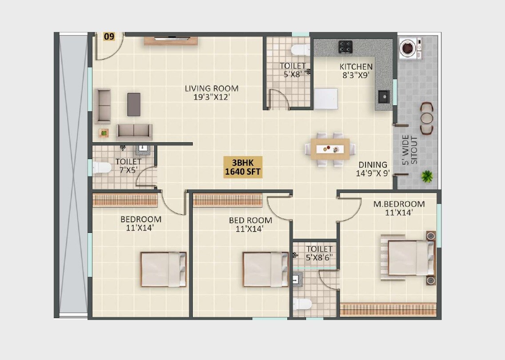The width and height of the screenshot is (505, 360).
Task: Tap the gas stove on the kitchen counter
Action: (x=346, y=46)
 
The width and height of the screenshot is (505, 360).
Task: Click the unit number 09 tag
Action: (x=109, y=36)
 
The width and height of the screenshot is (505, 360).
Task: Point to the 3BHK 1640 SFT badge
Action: (x=243, y=167)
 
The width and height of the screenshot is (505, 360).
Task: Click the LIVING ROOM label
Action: (x=211, y=88)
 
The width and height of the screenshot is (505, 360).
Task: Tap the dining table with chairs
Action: (x=330, y=149)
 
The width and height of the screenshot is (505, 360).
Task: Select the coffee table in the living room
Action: (x=134, y=104)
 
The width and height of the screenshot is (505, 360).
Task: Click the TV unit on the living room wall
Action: (x=171, y=41)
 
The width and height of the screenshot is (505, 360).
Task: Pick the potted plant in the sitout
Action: (x=427, y=176)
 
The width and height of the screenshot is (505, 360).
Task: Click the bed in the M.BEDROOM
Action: (x=411, y=258)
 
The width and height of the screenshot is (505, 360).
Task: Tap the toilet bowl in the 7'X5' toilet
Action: (x=102, y=168)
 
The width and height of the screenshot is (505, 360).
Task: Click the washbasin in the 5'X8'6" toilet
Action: (x=296, y=279)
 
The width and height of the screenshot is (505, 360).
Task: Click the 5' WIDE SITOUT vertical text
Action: (x=410, y=150)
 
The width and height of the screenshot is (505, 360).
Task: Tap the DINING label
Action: (x=373, y=165)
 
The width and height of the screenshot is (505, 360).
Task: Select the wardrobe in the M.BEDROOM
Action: (x=388, y=309)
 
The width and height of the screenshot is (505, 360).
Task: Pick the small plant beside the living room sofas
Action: (x=104, y=132)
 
